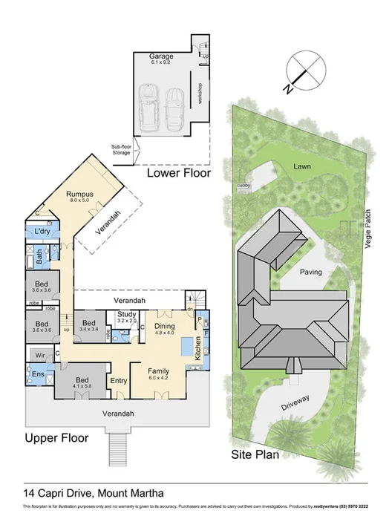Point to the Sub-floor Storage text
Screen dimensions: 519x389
(121, 149)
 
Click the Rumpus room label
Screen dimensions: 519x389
(79, 195)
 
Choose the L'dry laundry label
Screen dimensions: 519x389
(42, 232)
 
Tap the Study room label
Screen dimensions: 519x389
(125, 315)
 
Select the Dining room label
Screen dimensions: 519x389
(164, 326)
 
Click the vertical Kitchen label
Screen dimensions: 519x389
(197, 347)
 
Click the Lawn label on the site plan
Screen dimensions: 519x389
(300, 166)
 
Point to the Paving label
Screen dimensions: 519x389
(310, 272)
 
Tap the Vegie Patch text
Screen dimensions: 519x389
(367, 227)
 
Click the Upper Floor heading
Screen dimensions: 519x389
(55, 438)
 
